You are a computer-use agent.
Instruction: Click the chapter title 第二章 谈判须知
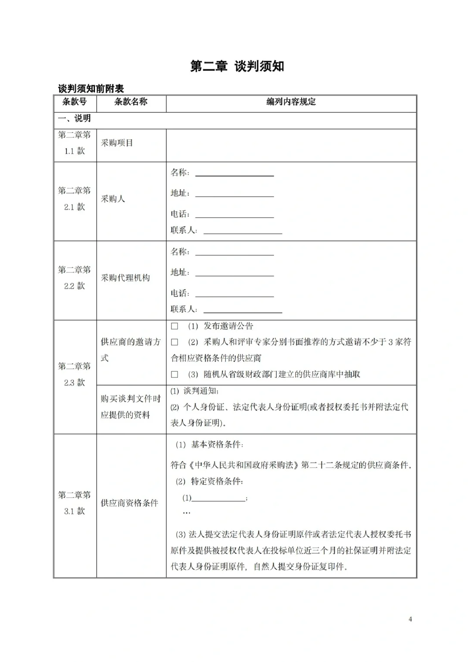coord(237,66)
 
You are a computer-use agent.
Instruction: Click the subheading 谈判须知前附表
coord(91,89)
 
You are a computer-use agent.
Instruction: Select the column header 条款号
coord(75,102)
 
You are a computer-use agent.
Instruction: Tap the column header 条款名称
coord(131,102)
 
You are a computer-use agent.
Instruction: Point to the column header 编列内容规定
coord(291,102)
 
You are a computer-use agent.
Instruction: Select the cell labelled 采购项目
coord(117,143)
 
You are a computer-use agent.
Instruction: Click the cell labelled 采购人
coord(113,199)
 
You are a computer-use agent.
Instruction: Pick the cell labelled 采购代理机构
coord(125,278)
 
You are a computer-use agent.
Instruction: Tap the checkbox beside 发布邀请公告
coord(175,326)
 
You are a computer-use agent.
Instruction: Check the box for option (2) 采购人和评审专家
coord(175,342)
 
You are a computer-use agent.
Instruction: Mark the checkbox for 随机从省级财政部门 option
coord(175,374)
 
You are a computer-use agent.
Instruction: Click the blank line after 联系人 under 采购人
coord(243,231)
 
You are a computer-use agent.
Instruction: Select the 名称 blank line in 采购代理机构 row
coord(234,253)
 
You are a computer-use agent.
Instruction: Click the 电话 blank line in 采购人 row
coord(234,214)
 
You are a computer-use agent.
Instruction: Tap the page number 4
coord(410,619)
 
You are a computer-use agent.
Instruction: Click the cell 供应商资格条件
coord(130,503)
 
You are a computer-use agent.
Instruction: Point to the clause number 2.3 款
coord(75,383)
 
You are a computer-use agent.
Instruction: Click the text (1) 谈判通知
coord(195,391)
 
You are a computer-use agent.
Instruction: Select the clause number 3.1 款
coord(75,511)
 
